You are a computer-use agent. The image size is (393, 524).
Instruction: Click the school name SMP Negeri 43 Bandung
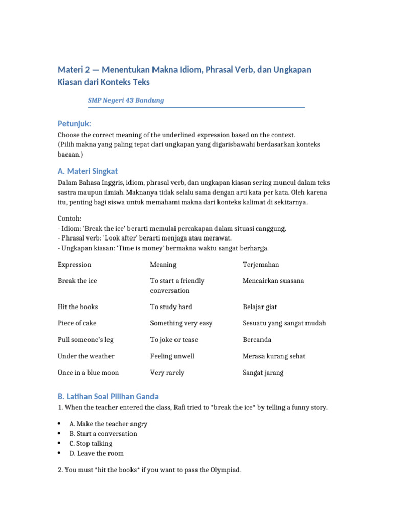pyautogui.click(x=126, y=100)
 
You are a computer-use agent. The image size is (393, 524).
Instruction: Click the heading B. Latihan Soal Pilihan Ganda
pyautogui.click(x=108, y=396)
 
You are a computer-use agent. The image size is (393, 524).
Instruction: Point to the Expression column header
pyautogui.click(x=75, y=265)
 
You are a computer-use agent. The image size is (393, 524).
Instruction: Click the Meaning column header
pyautogui.click(x=163, y=265)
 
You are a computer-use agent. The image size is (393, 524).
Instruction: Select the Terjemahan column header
pyautogui.click(x=261, y=265)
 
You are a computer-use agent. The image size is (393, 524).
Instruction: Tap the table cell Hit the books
pyautogui.click(x=78, y=307)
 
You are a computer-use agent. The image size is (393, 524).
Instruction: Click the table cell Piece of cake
pyautogui.click(x=77, y=323)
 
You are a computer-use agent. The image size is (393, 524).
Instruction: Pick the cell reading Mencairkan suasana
pyautogui.click(x=273, y=281)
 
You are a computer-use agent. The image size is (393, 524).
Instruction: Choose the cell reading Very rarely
pyautogui.click(x=167, y=373)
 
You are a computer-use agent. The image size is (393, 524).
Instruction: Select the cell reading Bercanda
pyautogui.click(x=257, y=340)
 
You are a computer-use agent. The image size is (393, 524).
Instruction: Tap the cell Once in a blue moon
pyautogui.click(x=88, y=373)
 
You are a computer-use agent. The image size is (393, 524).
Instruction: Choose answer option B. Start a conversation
pyautogui.click(x=103, y=434)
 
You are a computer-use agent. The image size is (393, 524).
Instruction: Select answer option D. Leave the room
pyautogui.click(x=97, y=453)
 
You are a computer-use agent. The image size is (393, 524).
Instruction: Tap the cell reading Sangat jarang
pyautogui.click(x=263, y=373)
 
